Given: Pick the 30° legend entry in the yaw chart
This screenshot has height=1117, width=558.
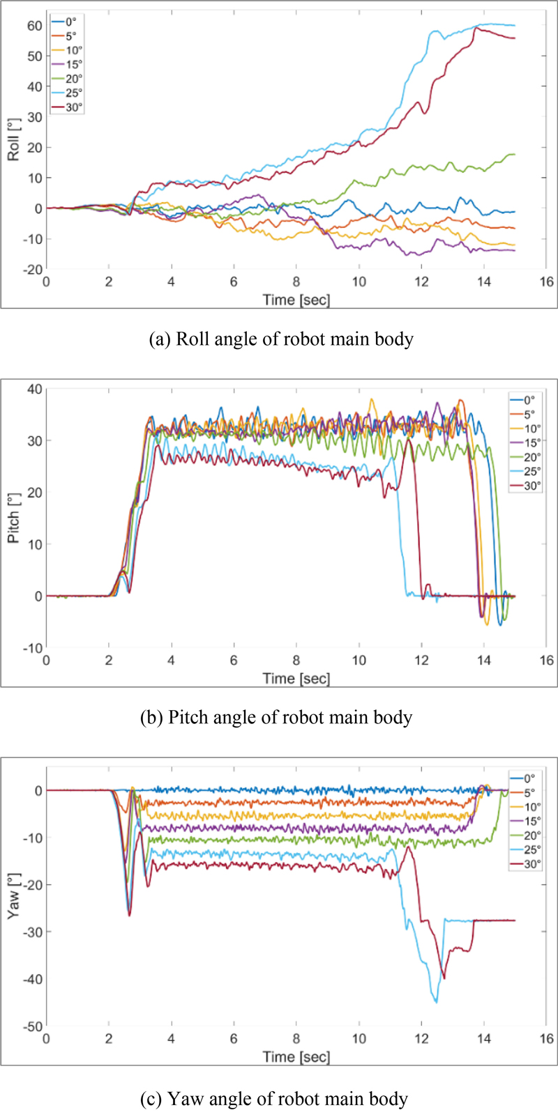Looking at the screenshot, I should [x=531, y=864].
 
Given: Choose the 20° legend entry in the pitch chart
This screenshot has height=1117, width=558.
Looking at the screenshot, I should [x=531, y=457].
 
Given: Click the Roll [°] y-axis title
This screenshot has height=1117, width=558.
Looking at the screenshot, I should [x=14, y=139].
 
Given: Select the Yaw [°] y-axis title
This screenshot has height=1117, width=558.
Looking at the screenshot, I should [x=14, y=898].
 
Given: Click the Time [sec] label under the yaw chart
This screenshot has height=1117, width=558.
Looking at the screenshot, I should [x=296, y=1056].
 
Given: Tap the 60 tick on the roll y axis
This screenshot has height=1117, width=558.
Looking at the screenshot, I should [x=35, y=26].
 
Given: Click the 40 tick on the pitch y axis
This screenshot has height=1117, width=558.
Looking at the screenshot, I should [x=35, y=389].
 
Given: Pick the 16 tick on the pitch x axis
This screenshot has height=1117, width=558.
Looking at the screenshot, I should [x=546, y=661].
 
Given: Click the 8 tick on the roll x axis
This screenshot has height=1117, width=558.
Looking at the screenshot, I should [x=296, y=282].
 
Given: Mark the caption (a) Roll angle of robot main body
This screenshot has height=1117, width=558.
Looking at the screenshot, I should [x=281, y=339].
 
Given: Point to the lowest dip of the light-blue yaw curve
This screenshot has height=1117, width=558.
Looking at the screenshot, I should [x=437, y=1001].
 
